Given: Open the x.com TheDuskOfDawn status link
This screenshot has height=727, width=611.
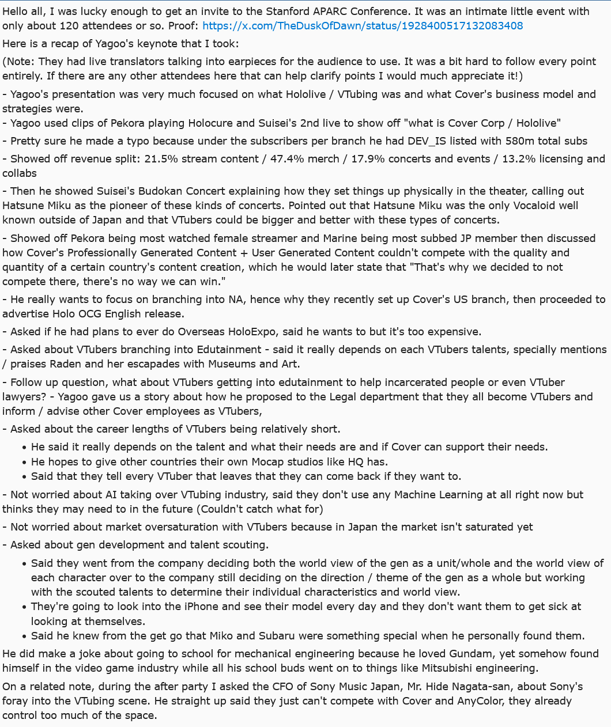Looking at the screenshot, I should click(x=363, y=25).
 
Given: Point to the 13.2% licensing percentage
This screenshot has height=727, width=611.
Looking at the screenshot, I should click(x=510, y=159).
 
